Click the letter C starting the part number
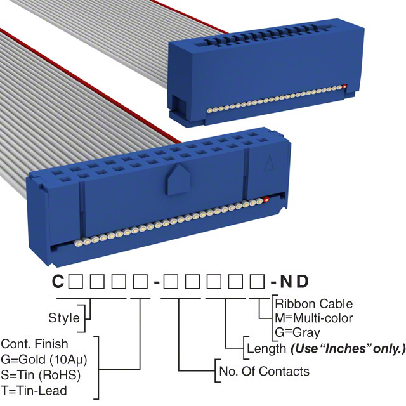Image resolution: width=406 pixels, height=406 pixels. point(57,282)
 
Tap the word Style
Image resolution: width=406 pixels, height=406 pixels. point(64,318)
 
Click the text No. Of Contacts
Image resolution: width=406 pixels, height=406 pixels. point(264,371)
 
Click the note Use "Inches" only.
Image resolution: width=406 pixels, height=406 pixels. point(348,348)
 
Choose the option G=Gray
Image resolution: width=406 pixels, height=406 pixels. point(298,332)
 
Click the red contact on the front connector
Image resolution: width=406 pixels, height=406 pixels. point(266,200)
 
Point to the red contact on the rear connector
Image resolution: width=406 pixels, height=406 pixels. point(344,87)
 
